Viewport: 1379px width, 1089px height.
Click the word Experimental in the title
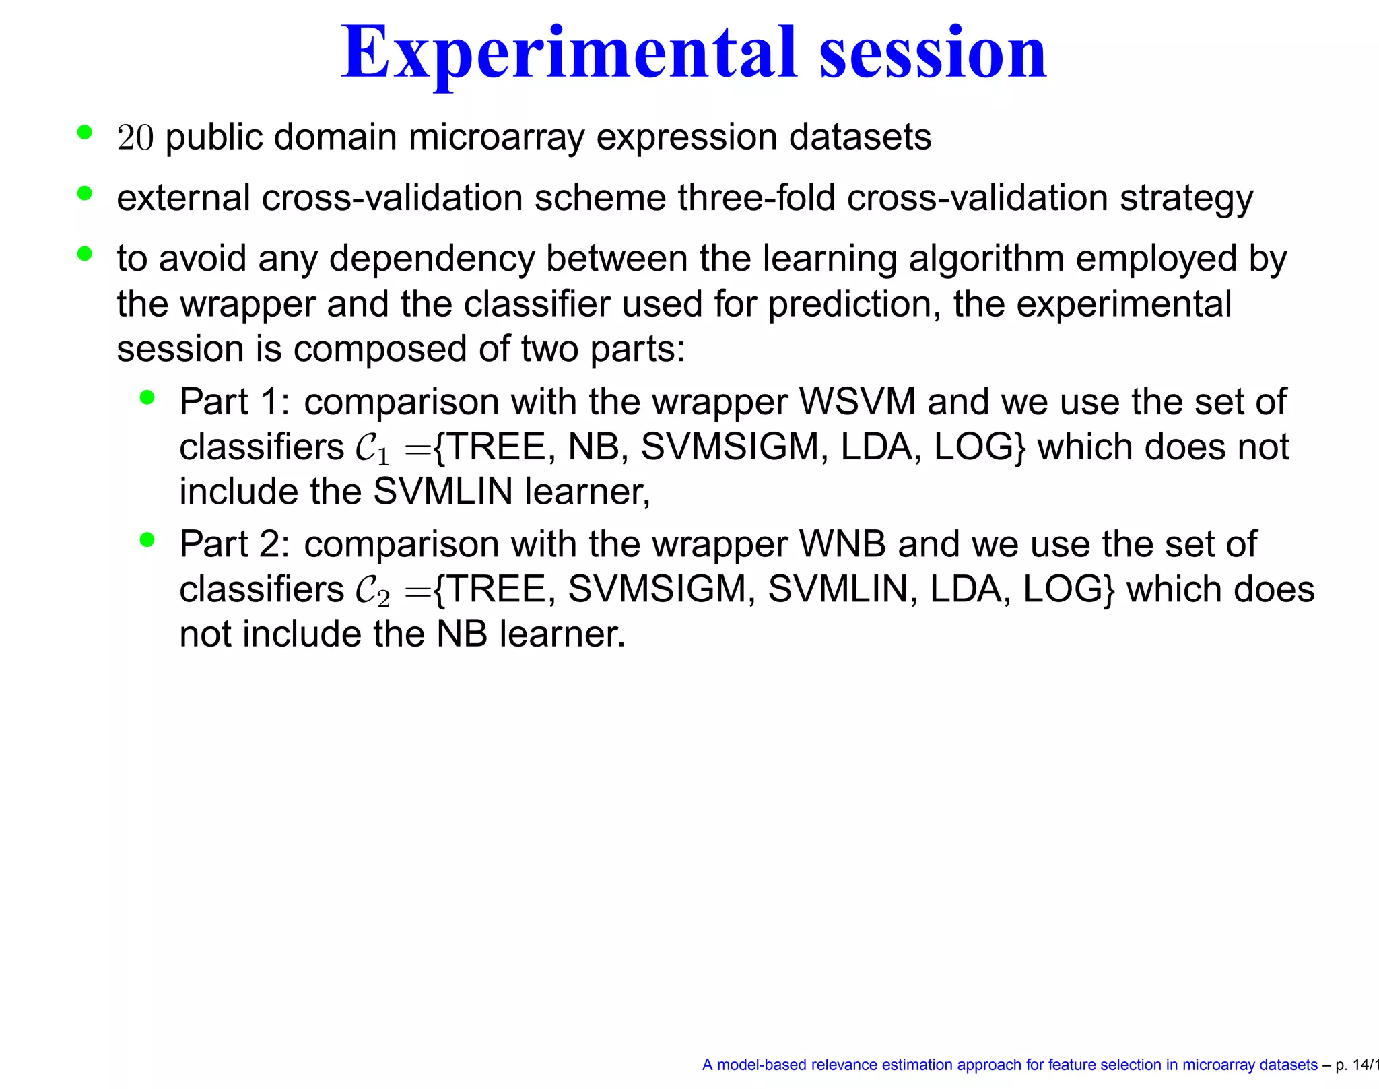click(x=569, y=54)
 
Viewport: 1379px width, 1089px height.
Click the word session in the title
click(x=933, y=54)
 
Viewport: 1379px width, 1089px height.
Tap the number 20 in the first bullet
click(x=135, y=138)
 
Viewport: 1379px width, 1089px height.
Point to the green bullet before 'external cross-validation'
click(x=84, y=194)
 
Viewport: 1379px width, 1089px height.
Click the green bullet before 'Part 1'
click(x=147, y=397)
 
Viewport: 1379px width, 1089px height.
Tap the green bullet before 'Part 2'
click(x=147, y=539)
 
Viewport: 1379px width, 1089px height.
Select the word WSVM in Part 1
click(x=857, y=402)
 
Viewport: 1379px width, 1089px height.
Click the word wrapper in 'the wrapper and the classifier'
click(x=248, y=304)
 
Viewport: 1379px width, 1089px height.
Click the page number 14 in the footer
click(x=1361, y=1065)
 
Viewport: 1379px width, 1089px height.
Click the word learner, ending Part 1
click(x=587, y=492)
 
